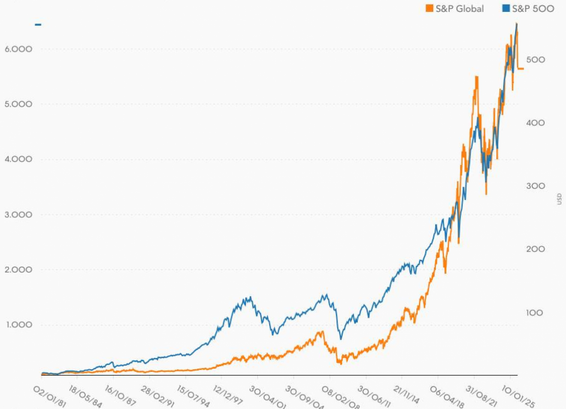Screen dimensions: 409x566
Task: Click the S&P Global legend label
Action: (460, 9)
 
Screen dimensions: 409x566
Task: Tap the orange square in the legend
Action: (430, 9)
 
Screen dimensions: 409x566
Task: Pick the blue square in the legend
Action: (505, 9)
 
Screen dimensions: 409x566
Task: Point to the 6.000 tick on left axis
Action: (19, 49)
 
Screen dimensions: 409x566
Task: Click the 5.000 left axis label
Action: (19, 104)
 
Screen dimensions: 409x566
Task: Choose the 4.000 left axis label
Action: (19, 160)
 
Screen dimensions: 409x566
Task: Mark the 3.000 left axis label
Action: (19, 215)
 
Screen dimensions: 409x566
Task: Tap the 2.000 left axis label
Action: (19, 271)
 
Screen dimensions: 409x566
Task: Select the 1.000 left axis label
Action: (19, 325)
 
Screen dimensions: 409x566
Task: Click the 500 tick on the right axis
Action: (536, 60)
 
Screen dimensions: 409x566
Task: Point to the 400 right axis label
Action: (536, 123)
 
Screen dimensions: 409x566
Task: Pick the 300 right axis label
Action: (536, 186)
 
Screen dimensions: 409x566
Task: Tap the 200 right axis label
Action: (536, 250)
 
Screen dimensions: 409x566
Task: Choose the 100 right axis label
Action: (536, 313)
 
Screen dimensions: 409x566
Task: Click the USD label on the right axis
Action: (559, 199)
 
